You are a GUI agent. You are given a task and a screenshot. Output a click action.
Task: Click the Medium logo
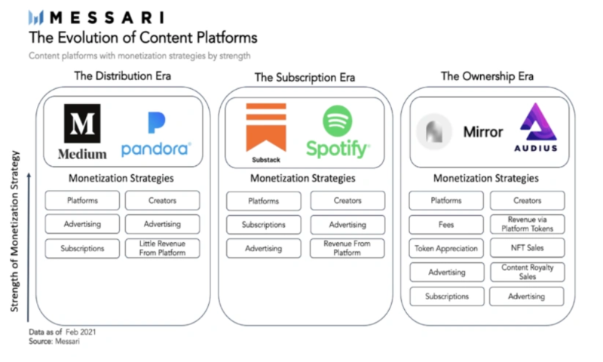tap(83, 133)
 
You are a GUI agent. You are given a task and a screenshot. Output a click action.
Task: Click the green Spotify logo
tap(337, 132)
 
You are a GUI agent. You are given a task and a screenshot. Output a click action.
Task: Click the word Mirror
tap(482, 132)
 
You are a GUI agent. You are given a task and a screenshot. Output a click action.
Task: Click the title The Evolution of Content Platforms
tap(142, 37)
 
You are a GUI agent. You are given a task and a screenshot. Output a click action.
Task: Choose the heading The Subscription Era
tap(305, 77)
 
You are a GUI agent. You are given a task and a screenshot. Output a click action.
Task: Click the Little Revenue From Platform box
tap(162, 248)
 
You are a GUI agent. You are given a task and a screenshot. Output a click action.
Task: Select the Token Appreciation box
tap(446, 248)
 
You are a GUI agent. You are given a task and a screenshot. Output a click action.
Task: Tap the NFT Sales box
tap(527, 248)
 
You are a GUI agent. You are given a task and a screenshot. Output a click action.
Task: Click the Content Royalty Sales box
tap(527, 272)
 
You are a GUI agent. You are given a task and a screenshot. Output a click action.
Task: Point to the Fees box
tap(446, 225)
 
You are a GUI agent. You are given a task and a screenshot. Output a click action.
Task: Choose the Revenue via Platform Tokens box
tap(527, 225)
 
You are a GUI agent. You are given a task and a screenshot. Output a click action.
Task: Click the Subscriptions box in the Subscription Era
tap(263, 225)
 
